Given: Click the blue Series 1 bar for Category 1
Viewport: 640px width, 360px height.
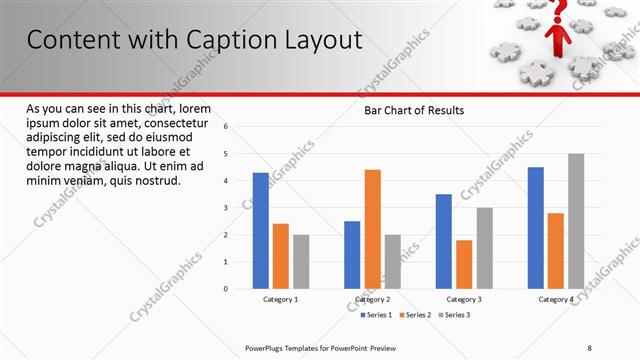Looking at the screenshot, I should [x=261, y=230].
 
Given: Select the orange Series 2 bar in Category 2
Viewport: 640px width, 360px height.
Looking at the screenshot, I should [x=372, y=229].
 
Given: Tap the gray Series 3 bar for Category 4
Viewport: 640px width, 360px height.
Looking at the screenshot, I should [x=576, y=221].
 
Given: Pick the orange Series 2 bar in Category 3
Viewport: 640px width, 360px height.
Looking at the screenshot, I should [x=464, y=264].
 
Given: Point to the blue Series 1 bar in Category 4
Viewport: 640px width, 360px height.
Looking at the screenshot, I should [x=536, y=228].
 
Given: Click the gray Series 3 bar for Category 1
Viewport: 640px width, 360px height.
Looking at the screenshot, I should [x=301, y=261].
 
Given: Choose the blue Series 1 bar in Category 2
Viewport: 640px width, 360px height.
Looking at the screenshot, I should [x=352, y=254].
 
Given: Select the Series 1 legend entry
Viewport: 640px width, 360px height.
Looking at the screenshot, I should [x=378, y=315].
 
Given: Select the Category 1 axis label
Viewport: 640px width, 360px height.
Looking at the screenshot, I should [x=281, y=299].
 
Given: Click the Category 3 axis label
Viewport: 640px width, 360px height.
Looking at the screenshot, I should [x=463, y=299].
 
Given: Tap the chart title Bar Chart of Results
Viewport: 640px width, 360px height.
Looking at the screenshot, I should [x=414, y=110].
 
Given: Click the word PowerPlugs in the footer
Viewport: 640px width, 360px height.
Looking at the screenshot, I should [x=266, y=347].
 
